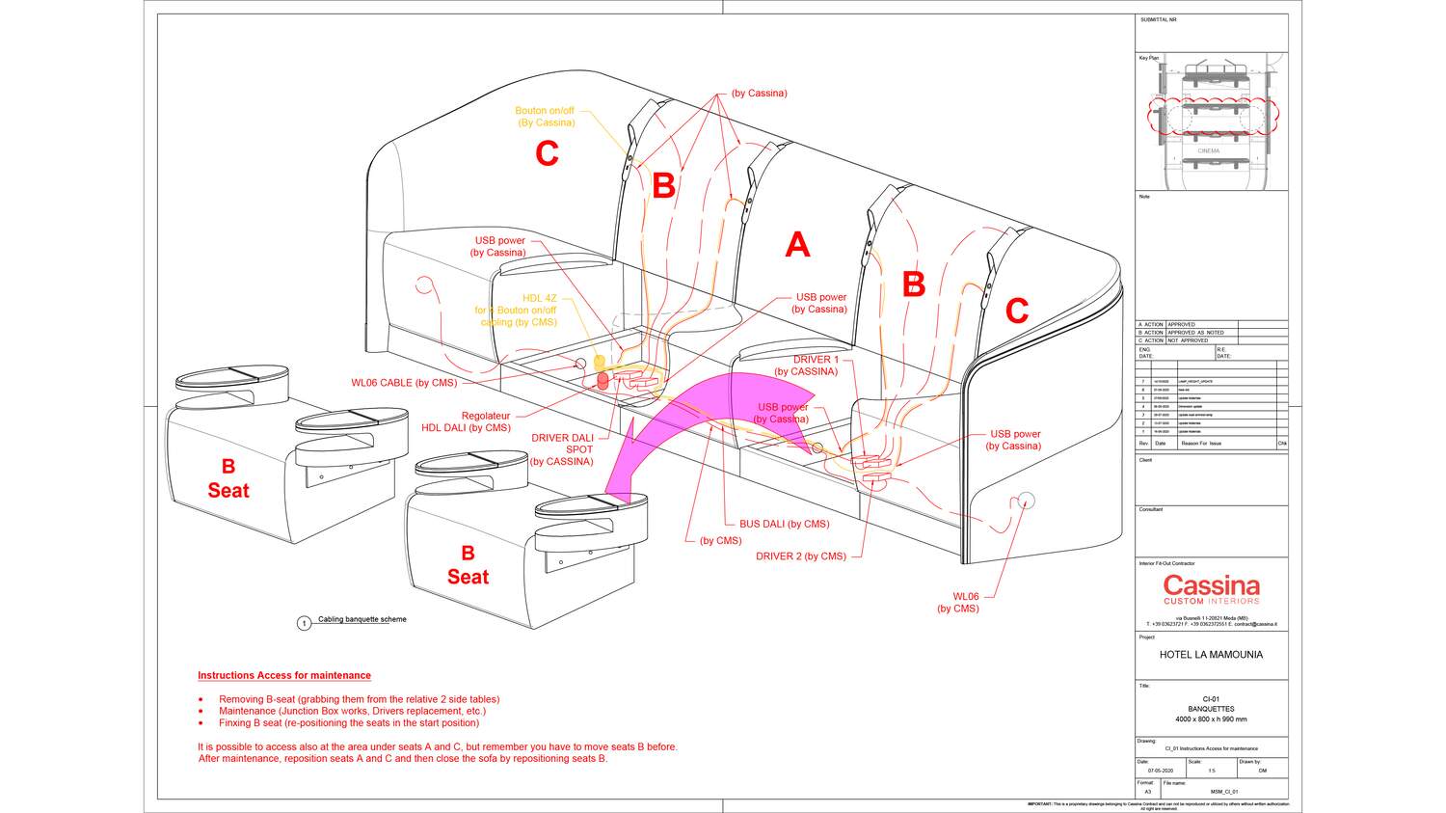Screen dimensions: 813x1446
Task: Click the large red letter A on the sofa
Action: pos(796,245)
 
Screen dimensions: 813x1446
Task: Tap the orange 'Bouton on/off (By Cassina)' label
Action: pos(545,117)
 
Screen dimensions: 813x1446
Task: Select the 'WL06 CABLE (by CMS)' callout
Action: pos(404,383)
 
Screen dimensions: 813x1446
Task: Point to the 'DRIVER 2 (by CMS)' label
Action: pos(800,556)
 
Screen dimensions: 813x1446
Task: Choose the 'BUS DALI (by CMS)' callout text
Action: pos(784,525)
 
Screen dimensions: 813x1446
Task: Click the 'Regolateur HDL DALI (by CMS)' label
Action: pos(467,421)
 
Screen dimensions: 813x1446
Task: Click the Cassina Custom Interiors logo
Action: pos(1211,589)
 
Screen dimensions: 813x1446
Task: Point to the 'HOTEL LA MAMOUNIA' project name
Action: pos(1211,655)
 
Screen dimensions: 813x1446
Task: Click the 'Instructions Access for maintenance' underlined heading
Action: pos(284,676)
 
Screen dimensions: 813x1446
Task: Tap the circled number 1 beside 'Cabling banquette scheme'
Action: pos(305,623)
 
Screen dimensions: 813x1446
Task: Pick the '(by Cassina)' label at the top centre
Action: pos(759,94)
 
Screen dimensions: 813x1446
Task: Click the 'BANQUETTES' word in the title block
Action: pos(1211,709)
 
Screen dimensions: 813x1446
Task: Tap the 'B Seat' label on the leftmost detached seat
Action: pos(228,478)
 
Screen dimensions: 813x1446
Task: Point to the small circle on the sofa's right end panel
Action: pos(1026,500)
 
